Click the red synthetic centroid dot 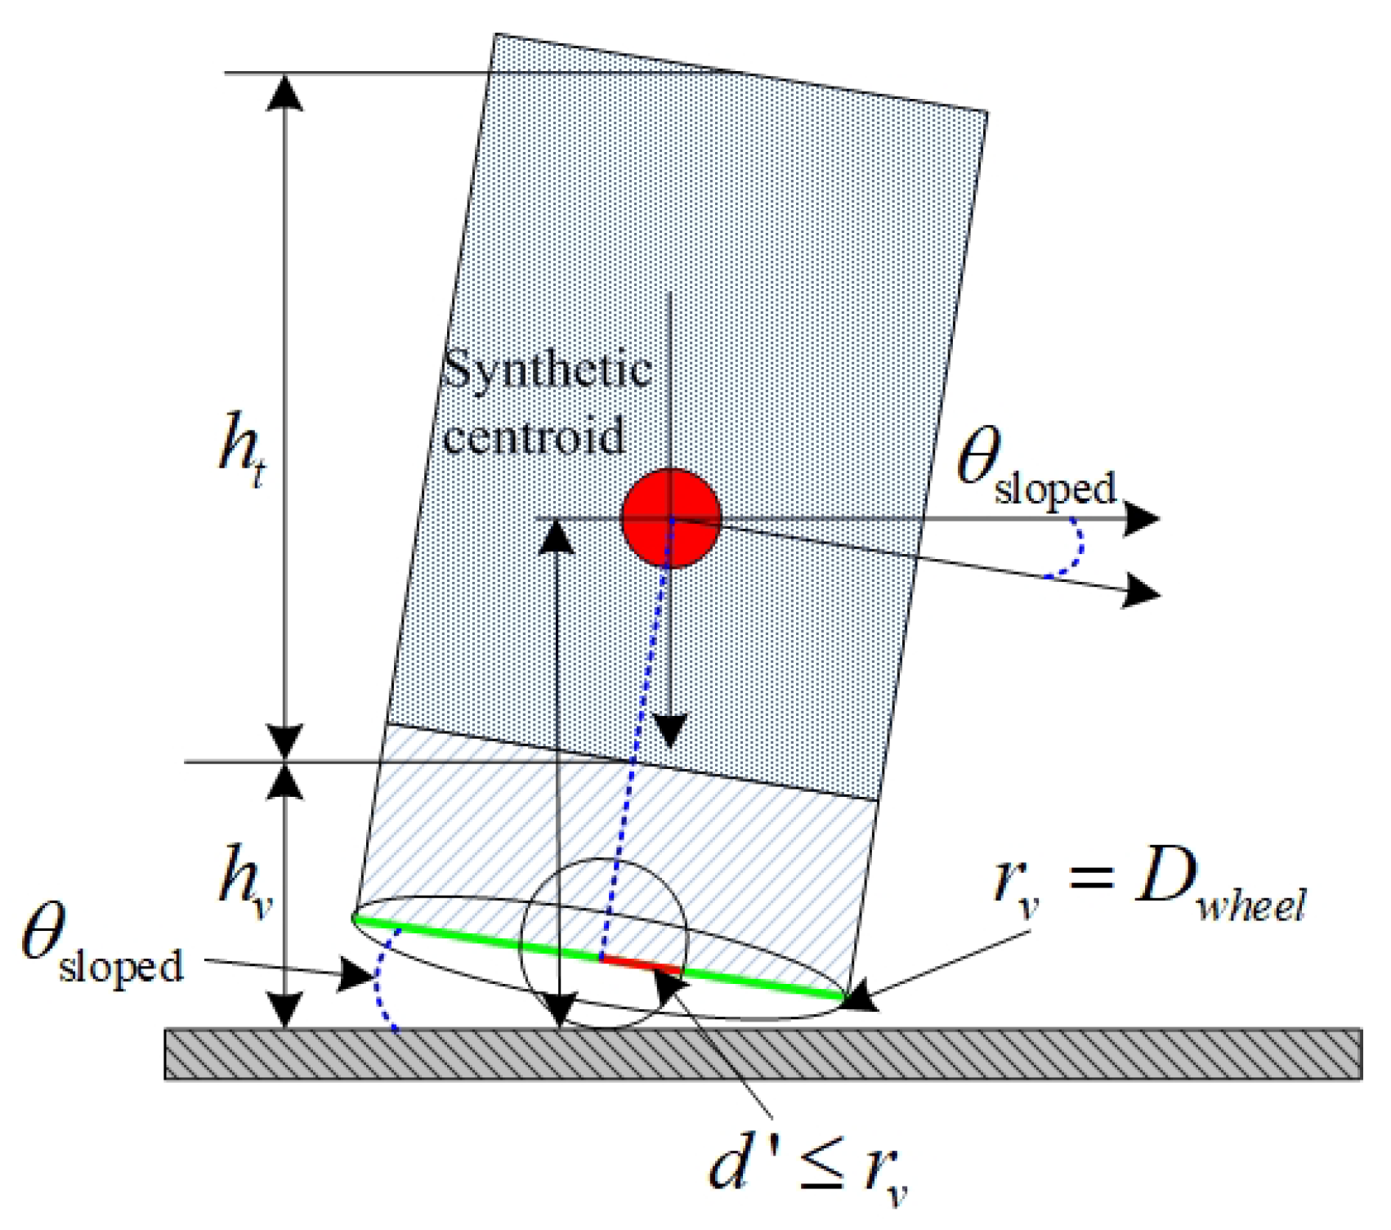pos(671,518)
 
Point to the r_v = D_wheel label pos(1148,887)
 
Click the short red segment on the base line pos(641,964)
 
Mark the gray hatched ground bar pos(763,1053)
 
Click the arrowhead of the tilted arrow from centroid pos(1143,589)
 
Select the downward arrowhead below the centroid pos(670,731)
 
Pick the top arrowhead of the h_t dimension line pos(285,92)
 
